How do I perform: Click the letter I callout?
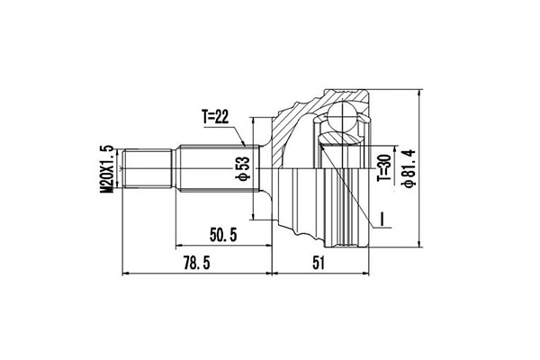(x=382, y=219)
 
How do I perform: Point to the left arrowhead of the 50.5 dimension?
(x=178, y=245)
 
